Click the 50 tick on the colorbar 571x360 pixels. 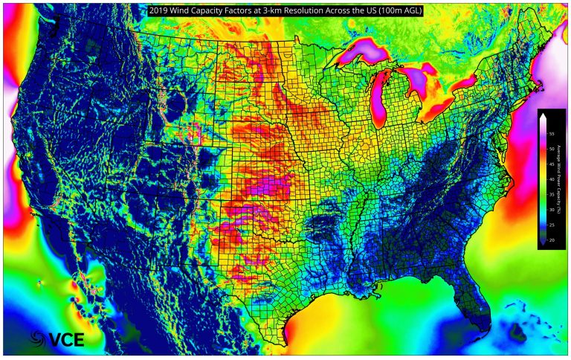point(550,148)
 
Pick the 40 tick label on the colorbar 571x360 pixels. point(550,179)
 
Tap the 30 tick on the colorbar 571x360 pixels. point(550,210)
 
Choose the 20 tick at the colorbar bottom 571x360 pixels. point(550,240)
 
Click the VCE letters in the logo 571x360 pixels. point(66,340)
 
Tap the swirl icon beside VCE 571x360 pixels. point(38,339)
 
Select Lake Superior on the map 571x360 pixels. point(364,54)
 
